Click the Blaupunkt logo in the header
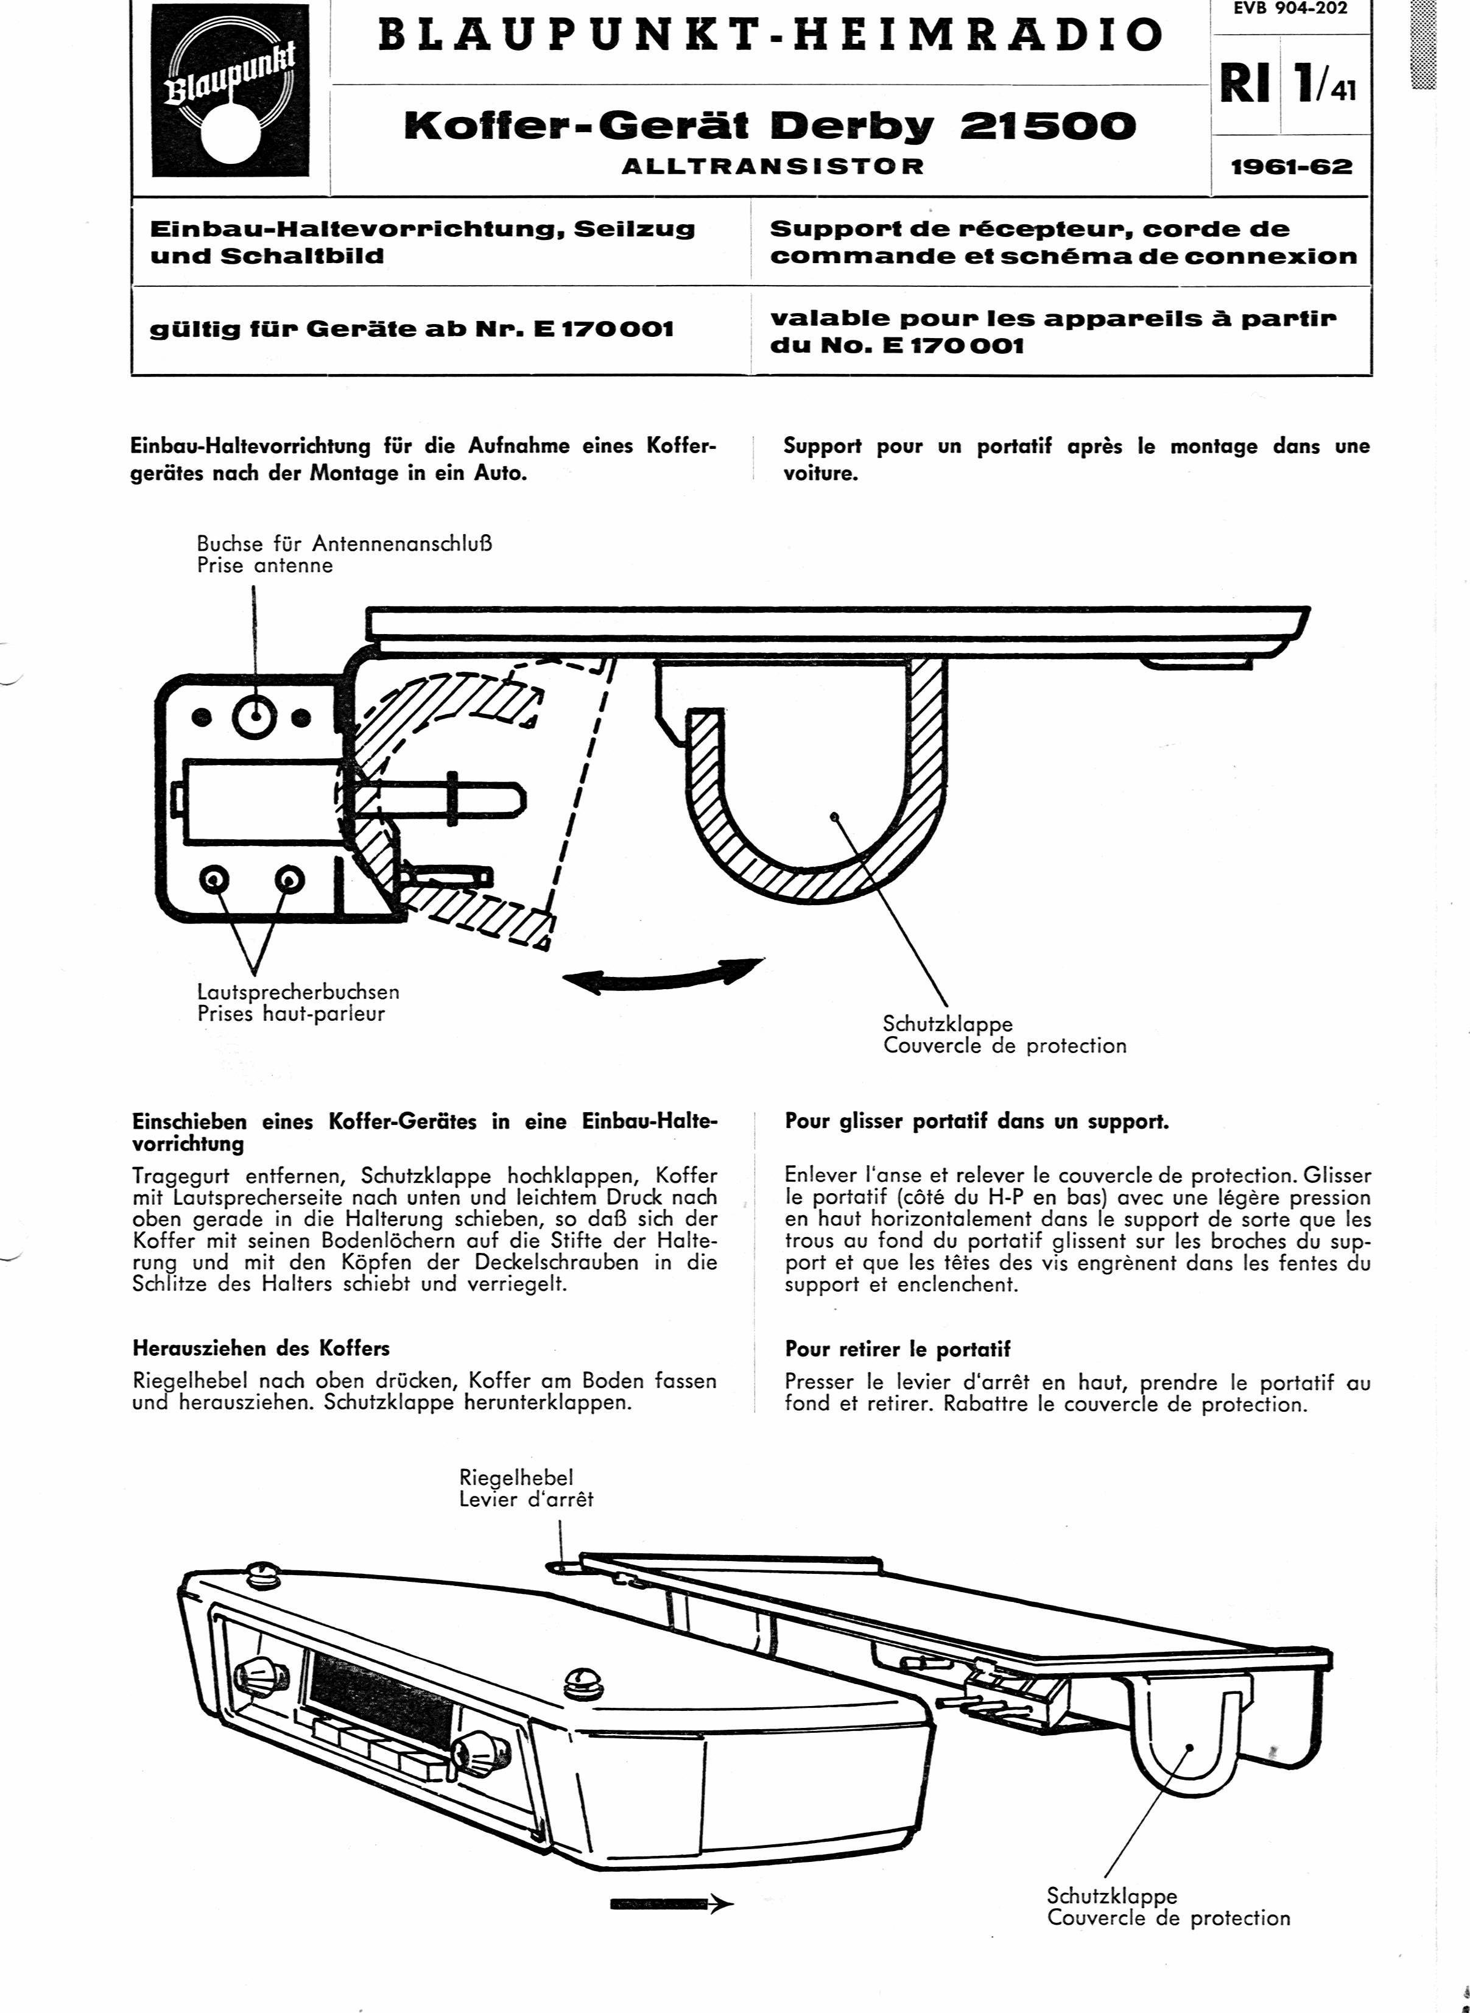pos(230,91)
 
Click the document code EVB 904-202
pos(1290,10)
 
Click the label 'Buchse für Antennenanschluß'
pos(345,543)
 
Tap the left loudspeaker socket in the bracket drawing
pos(214,880)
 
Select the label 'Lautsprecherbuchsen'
pos(298,992)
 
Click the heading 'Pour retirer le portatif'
pos(898,1350)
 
